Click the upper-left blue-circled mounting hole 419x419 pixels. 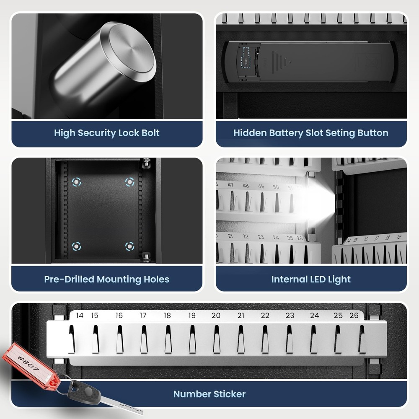(x=76, y=182)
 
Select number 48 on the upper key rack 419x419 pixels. (x=246, y=185)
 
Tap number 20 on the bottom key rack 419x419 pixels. (x=216, y=316)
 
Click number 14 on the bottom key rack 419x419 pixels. (x=80, y=316)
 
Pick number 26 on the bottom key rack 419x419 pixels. (x=354, y=316)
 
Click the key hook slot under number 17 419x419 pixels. (x=144, y=339)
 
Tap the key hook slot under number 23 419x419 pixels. (x=289, y=339)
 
